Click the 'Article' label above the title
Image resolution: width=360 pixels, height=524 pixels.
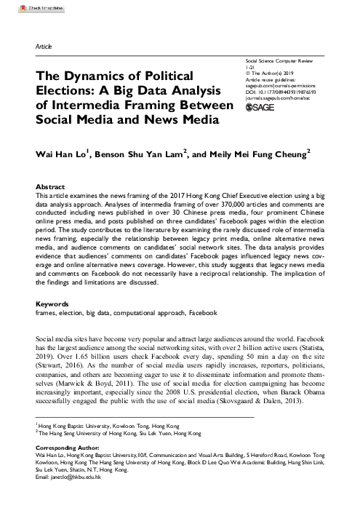pyautogui.click(x=44, y=45)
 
